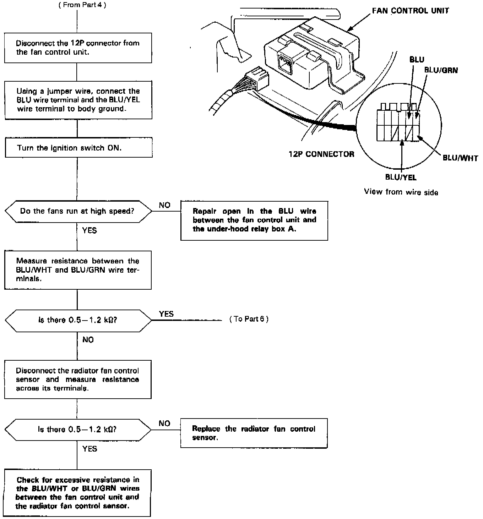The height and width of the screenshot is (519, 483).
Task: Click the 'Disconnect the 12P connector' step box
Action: click(x=78, y=48)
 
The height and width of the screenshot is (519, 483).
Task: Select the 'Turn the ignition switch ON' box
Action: click(x=78, y=148)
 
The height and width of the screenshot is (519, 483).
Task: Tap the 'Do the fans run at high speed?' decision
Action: click(x=78, y=211)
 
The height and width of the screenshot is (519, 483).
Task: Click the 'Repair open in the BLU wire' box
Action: click(x=254, y=220)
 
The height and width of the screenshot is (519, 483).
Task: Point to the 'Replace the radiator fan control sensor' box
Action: click(x=254, y=433)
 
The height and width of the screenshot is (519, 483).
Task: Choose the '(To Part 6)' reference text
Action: click(x=249, y=319)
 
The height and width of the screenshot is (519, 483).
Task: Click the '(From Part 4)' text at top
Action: click(x=82, y=5)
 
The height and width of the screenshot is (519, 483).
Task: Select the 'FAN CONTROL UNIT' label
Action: click(x=410, y=11)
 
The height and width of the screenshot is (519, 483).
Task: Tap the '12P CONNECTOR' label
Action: click(x=321, y=154)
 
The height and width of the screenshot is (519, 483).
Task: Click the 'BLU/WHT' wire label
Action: click(x=460, y=158)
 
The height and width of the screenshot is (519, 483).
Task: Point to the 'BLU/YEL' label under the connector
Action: click(x=401, y=177)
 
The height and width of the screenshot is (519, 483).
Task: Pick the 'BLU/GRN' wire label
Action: click(x=441, y=70)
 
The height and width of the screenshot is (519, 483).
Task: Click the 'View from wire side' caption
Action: click(x=401, y=192)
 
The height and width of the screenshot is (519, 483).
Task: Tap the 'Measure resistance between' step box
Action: click(x=78, y=270)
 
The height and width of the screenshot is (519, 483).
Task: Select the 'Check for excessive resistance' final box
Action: click(x=77, y=493)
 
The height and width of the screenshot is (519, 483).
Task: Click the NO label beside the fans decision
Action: click(x=165, y=205)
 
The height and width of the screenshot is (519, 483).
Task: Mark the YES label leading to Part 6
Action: click(x=166, y=314)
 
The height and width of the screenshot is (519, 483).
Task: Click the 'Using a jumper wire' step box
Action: click(x=78, y=100)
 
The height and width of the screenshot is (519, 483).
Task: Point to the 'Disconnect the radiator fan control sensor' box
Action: click(x=77, y=379)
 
